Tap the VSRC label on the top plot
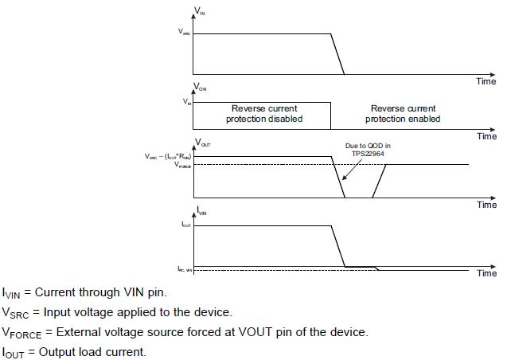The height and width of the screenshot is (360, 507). pyautogui.click(x=185, y=33)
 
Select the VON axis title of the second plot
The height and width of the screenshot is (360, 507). pyautogui.click(x=201, y=87)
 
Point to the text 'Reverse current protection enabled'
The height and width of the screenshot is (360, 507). pyautogui.click(x=403, y=113)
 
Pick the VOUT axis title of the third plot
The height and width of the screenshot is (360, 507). pyautogui.click(x=202, y=143)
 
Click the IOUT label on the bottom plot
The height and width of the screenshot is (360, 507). pyautogui.click(x=185, y=226)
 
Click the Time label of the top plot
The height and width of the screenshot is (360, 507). pyautogui.click(x=486, y=81)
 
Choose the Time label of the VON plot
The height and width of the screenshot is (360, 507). pyautogui.click(x=486, y=136)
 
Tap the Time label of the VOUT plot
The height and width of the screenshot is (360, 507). pyautogui.click(x=486, y=205)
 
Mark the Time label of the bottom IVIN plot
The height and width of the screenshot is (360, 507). pyautogui.click(x=486, y=273)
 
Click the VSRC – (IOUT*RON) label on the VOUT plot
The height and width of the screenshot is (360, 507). pyautogui.click(x=162, y=156)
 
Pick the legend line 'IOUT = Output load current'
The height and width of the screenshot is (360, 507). pyautogui.click(x=73, y=351)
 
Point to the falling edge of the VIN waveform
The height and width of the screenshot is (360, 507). pyautogui.click(x=337, y=54)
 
